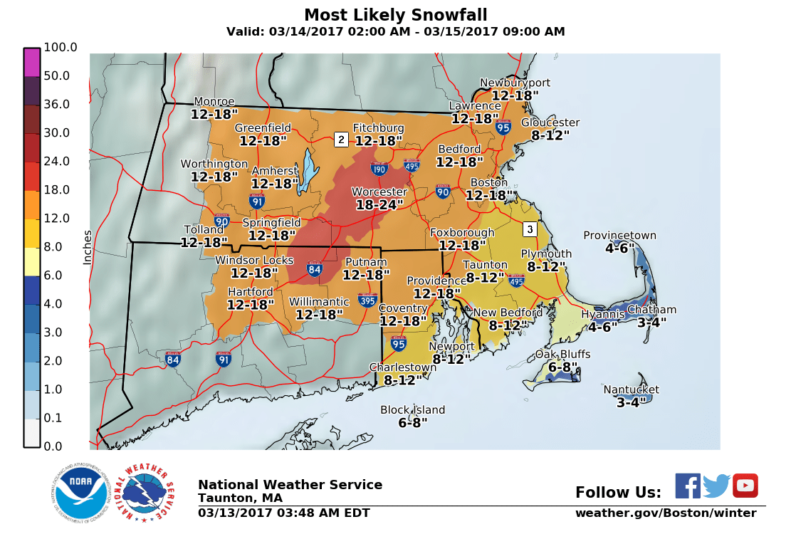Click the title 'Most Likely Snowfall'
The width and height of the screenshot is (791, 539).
click(395, 16)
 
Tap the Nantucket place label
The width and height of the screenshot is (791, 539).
click(631, 389)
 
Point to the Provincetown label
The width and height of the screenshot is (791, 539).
click(619, 236)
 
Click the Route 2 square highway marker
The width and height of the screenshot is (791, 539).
click(341, 140)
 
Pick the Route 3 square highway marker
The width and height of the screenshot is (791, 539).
click(528, 229)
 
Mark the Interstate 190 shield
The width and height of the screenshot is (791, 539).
click(379, 169)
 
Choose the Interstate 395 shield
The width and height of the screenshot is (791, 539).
click(368, 299)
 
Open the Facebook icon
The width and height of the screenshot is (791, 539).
click(687, 486)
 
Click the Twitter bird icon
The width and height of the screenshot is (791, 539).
click(716, 486)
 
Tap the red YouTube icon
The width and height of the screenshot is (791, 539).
click(745, 486)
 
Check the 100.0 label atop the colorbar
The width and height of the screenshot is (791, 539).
click(60, 48)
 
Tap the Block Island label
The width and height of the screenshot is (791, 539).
click(412, 410)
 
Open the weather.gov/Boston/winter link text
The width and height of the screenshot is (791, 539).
click(666, 513)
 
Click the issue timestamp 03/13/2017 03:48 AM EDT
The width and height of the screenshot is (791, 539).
click(283, 513)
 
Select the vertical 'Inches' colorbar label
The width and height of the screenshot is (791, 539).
click(88, 247)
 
